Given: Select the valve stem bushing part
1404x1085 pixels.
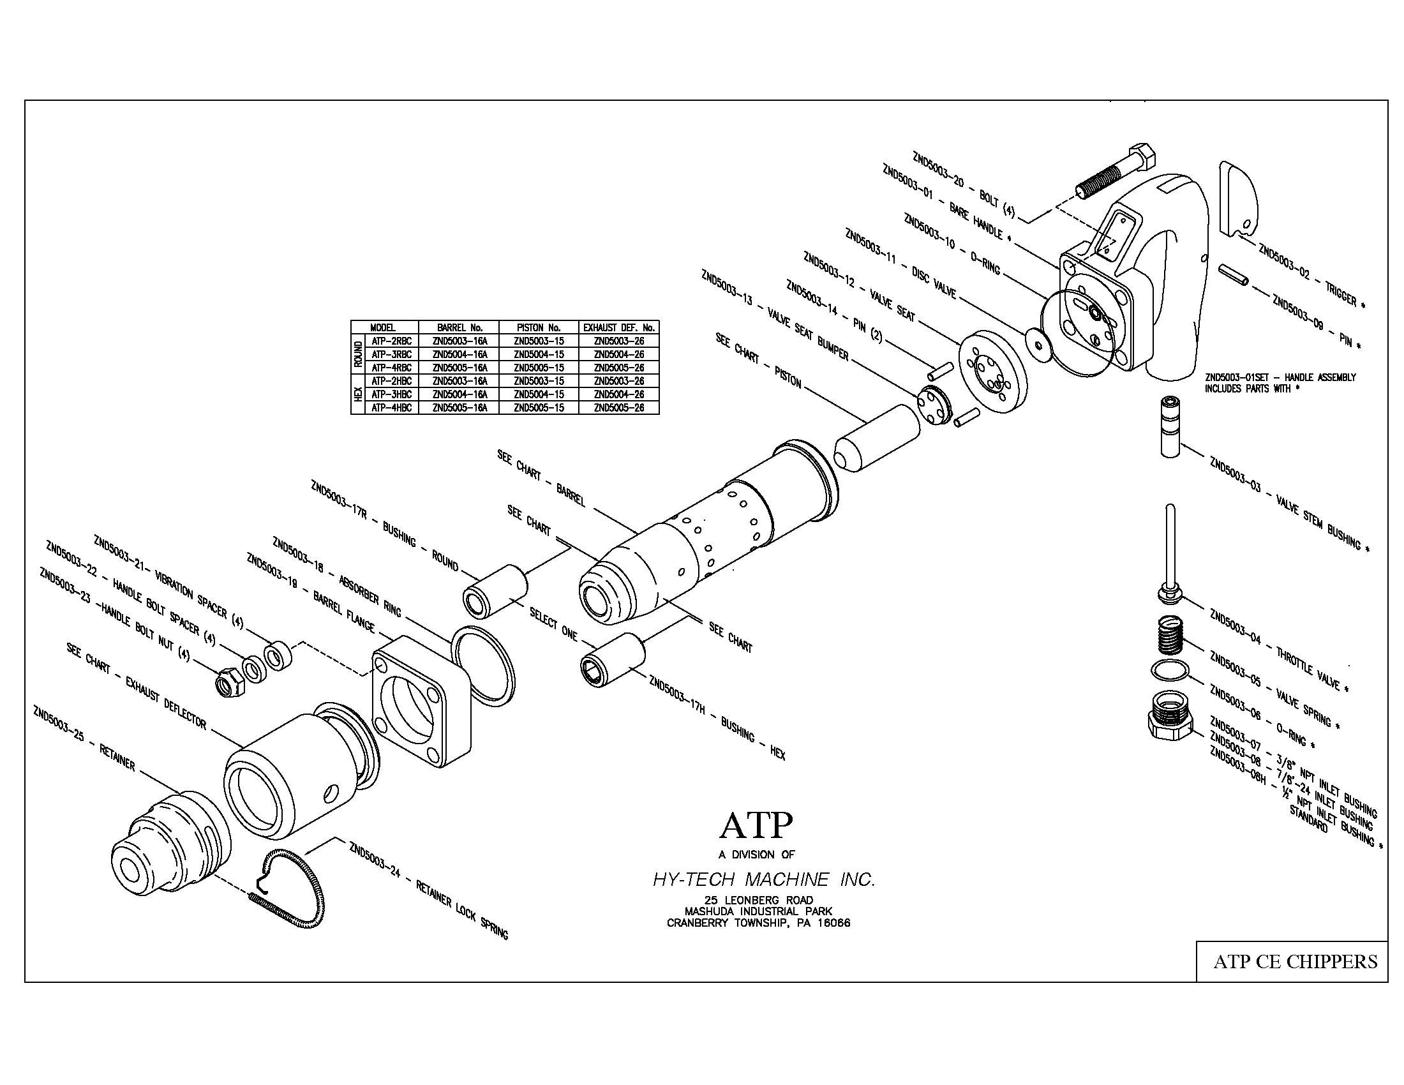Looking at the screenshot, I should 1170,427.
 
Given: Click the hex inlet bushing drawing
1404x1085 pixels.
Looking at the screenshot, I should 1169,719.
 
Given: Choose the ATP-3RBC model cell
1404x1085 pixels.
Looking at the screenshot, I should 391,354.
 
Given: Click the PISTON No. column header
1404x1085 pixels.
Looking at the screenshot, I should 539,327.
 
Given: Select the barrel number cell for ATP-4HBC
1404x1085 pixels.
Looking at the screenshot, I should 459,408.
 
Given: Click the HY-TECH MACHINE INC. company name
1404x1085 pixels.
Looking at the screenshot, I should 764,879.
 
